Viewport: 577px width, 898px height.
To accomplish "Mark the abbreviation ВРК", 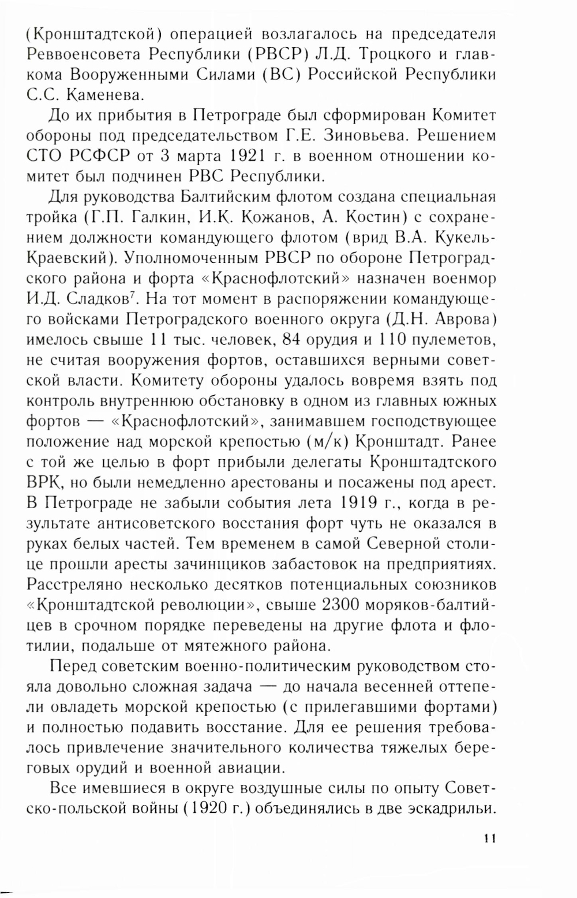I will pos(42,483).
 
